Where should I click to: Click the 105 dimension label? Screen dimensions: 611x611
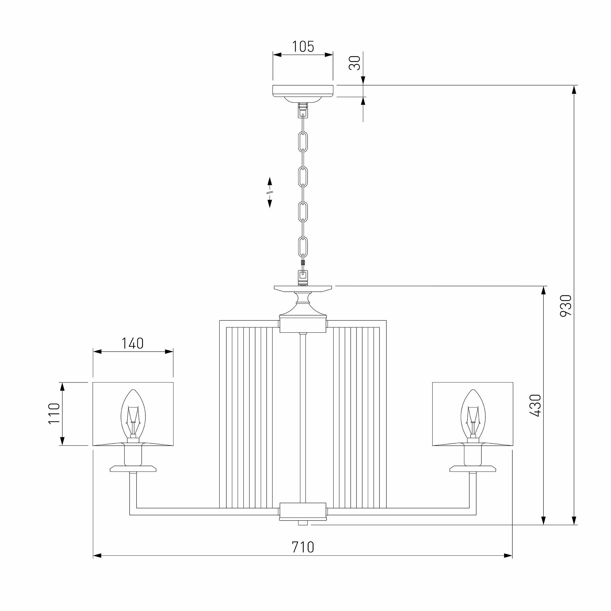click(x=303, y=46)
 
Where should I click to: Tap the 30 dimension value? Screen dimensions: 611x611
click(x=354, y=63)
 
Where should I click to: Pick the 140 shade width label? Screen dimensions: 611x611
click(x=133, y=343)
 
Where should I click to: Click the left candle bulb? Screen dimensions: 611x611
click(x=133, y=413)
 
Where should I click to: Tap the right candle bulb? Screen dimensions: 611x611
click(x=473, y=413)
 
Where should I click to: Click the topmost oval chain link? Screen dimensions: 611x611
click(x=303, y=142)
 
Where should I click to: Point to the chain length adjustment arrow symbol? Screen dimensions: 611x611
click(x=270, y=192)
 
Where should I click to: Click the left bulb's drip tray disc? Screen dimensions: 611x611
click(x=133, y=468)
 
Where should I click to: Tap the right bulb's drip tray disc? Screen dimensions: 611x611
click(x=473, y=468)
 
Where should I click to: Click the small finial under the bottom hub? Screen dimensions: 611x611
click(x=303, y=523)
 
